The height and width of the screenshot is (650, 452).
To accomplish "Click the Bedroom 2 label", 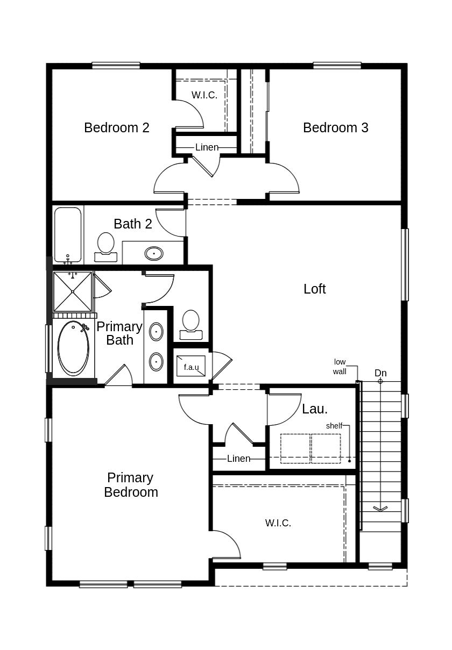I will click(x=116, y=127).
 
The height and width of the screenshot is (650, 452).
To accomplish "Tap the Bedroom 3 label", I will click(x=335, y=127).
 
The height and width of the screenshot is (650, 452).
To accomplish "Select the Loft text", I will click(x=314, y=289).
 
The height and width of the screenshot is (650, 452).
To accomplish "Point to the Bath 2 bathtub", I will click(x=68, y=234).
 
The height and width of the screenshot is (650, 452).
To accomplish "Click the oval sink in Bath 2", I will click(x=154, y=253).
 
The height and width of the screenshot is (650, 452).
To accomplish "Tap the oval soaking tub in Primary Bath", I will click(x=73, y=348).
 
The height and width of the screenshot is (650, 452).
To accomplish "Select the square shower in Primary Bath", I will click(x=73, y=291).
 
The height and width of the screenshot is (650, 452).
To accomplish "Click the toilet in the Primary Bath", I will click(x=190, y=323).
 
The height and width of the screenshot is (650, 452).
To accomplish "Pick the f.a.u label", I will click(x=191, y=367).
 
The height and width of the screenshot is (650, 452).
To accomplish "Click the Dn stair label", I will click(x=380, y=373).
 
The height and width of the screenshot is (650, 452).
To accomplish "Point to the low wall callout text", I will click(x=340, y=367).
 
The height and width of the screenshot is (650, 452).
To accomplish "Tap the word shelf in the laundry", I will click(x=334, y=426).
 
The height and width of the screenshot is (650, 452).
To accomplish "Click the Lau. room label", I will click(x=315, y=409).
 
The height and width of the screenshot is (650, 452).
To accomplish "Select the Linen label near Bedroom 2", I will click(x=207, y=147).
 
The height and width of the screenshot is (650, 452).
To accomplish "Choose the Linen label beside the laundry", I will click(x=238, y=459).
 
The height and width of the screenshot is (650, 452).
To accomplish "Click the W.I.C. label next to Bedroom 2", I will click(x=204, y=95).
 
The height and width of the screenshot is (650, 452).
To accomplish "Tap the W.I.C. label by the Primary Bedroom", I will click(x=278, y=523).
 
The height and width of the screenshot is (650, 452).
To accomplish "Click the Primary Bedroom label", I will click(x=131, y=485).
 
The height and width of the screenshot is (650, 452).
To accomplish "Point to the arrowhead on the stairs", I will click(x=380, y=508).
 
